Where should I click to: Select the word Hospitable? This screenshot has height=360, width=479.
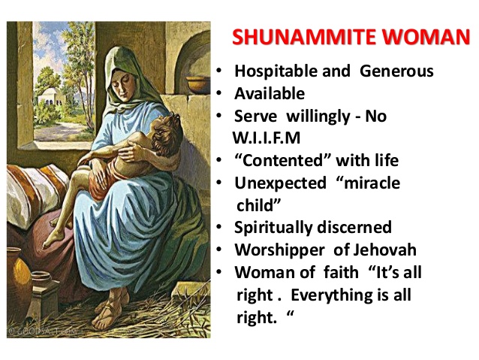pos(271,72)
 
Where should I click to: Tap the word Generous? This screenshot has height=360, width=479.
pos(397,72)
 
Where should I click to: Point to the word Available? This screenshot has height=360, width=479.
pos(270,94)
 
